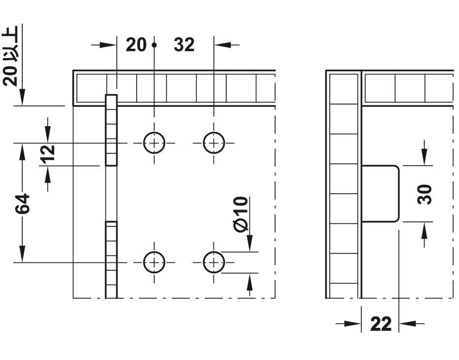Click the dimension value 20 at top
pos(136,45)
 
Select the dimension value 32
pos(184,45)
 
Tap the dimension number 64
pos(23,203)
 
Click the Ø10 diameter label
pos(241,214)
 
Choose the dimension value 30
pos(425,194)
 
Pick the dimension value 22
pos(381,324)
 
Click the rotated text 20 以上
pos(11,56)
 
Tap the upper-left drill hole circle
pos(154,143)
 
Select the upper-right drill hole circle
pos(213,143)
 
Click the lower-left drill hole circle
pos(154,262)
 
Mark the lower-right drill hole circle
pos(213,262)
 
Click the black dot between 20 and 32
pos(154,45)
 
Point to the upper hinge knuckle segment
pos(111,130)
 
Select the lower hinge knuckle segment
pos(111,260)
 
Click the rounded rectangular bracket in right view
pos(380,194)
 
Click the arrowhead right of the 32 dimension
pos(222,45)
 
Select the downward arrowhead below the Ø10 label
pos(249,243)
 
